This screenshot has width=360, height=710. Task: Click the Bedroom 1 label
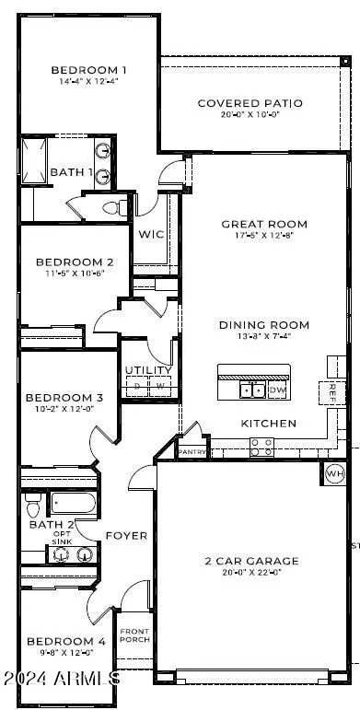tap(88, 70)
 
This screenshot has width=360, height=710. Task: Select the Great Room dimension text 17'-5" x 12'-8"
tap(264, 237)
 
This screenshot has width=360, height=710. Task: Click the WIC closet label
tap(151, 235)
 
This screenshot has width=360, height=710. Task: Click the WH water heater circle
tap(334, 474)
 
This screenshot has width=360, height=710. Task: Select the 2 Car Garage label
tap(251, 561)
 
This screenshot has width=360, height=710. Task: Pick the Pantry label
tap(192, 453)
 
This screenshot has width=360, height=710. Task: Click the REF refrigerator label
tap(332, 390)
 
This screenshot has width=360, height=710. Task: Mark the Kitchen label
tap(269, 424)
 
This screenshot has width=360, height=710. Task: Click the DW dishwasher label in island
tap(278, 390)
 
